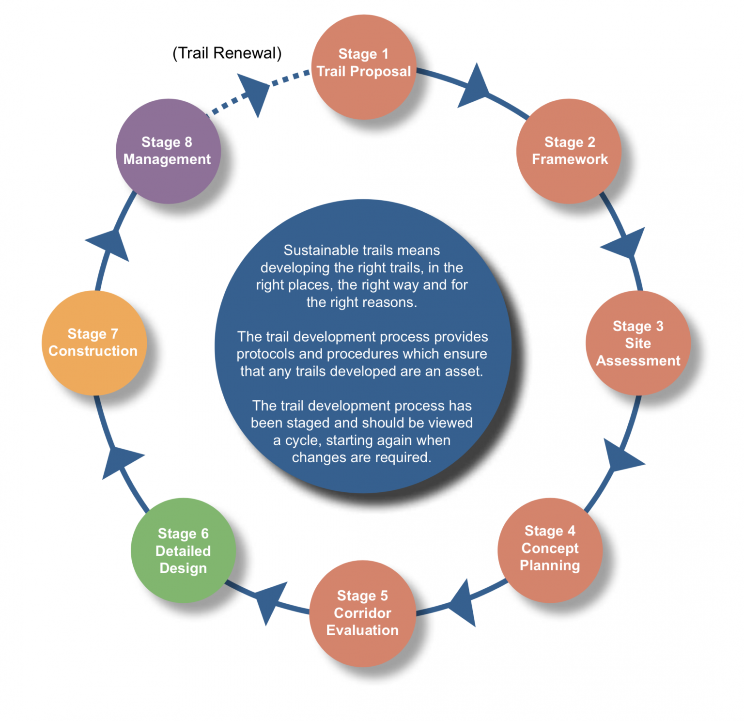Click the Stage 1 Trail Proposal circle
coord(363,67)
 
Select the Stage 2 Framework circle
coord(569,151)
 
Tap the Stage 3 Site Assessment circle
coord(638,343)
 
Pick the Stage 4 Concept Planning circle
coord(550,550)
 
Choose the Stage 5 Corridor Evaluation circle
coord(362,613)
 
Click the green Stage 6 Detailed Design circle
coord(183,550)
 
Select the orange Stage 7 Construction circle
coord(93,343)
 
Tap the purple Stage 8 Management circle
coord(168,151)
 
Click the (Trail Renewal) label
coord(227,53)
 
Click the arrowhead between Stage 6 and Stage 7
coord(119,460)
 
